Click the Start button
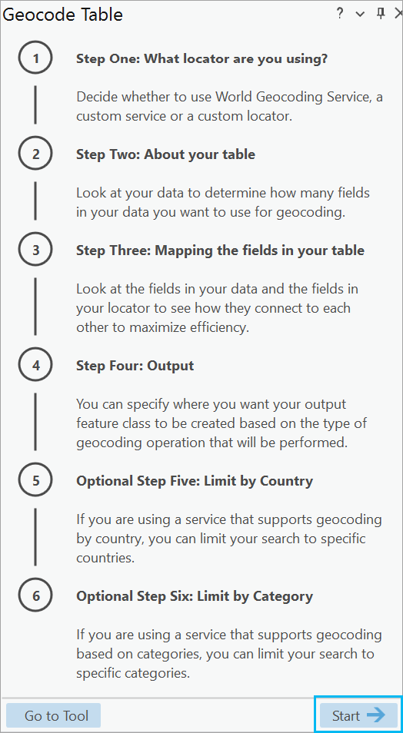(358, 715)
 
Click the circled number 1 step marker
(35, 58)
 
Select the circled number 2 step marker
(35, 154)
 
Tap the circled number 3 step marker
(35, 250)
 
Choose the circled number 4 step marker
(35, 365)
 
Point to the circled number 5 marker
(35, 480)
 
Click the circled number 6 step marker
(35, 596)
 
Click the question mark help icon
(340, 14)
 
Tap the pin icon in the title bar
(381, 14)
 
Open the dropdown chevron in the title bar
(360, 14)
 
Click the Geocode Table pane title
(63, 15)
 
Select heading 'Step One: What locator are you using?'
(201, 59)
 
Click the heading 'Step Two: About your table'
(165, 154)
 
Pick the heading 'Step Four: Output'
(135, 366)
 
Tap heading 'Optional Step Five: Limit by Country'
(195, 481)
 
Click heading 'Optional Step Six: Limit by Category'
(195, 596)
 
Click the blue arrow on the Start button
(376, 715)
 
